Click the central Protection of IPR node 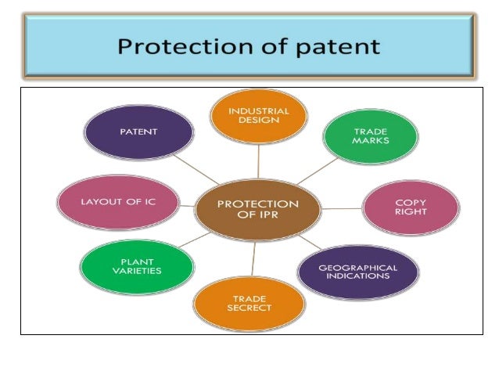click(x=257, y=209)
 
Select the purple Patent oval click(x=138, y=132)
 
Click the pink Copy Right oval click(x=411, y=207)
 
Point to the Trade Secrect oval click(x=249, y=303)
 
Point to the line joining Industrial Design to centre click(x=257, y=160)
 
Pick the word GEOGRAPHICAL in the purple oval click(x=358, y=267)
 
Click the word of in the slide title click(x=270, y=47)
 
